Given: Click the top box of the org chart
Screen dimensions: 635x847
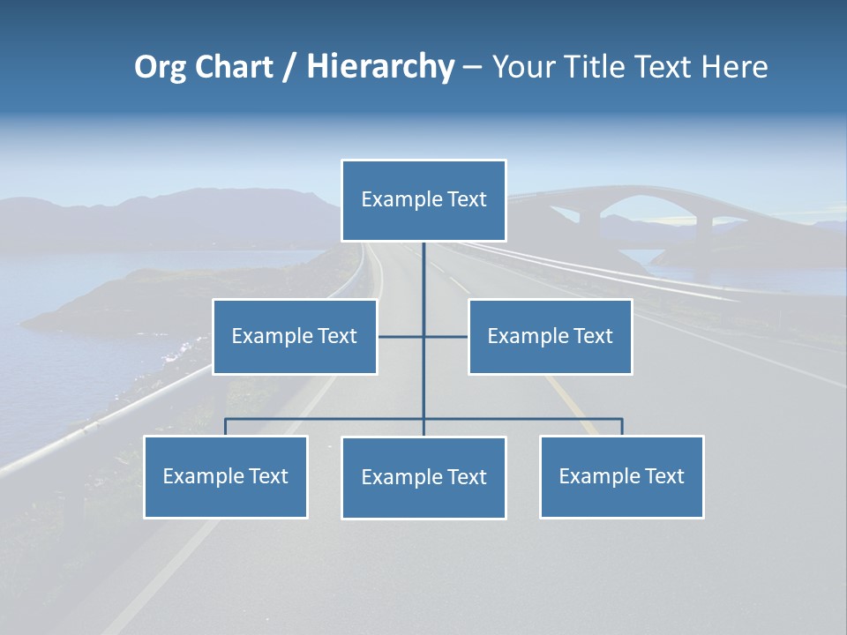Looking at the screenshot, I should tap(423, 200).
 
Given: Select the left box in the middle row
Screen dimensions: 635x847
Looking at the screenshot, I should tap(295, 336).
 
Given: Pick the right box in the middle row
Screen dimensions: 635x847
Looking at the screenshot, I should tap(550, 336).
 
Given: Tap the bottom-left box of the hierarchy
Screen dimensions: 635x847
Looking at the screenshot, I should tap(226, 476).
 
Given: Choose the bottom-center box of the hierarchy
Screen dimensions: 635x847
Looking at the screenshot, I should tap(423, 477).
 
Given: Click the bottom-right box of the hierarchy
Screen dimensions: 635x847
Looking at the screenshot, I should tap(621, 476).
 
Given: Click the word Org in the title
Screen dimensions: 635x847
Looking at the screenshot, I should tap(161, 67).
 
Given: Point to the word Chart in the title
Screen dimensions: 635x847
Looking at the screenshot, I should tap(234, 67).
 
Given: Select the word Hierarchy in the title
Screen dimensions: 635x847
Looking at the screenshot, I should tap(380, 67).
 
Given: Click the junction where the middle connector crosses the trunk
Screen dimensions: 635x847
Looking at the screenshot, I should tap(423, 336).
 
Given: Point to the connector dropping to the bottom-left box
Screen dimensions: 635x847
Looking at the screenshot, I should tap(226, 427).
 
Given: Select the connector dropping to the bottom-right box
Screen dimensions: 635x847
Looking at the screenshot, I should tap(621, 427).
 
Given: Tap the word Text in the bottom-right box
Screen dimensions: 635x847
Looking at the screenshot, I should tap(664, 476).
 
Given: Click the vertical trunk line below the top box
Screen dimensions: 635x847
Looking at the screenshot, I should tap(423, 282).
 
